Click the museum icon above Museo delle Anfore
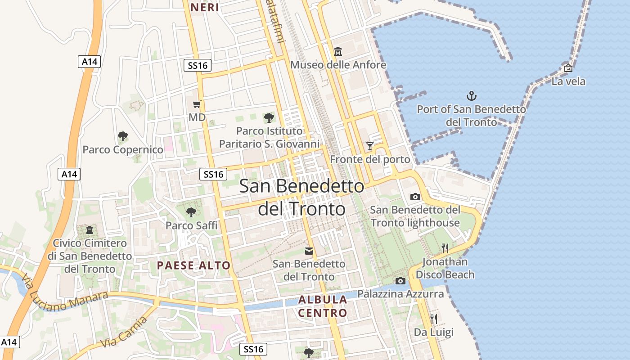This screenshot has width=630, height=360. pyautogui.click(x=338, y=52)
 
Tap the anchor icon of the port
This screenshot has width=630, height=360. pyautogui.click(x=471, y=95)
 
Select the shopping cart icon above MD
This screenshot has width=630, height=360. pyautogui.click(x=197, y=104)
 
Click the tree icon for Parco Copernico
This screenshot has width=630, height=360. pyautogui.click(x=122, y=136)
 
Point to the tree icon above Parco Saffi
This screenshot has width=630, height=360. pyautogui.click(x=191, y=211)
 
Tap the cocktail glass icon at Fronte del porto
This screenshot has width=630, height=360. pyautogui.click(x=370, y=146)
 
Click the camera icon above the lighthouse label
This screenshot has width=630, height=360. pyautogui.click(x=415, y=197)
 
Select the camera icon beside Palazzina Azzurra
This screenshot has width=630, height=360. pyautogui.click(x=400, y=281)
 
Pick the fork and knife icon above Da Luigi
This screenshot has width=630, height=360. pyautogui.click(x=433, y=319)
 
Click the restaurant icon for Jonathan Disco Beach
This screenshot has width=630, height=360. pyautogui.click(x=445, y=248)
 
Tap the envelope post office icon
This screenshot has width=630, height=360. pyautogui.click(x=309, y=251)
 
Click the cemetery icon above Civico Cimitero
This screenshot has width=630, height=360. pyautogui.click(x=90, y=230)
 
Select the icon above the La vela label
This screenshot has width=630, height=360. pyautogui.click(x=568, y=68)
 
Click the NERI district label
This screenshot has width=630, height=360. pyautogui.click(x=205, y=7)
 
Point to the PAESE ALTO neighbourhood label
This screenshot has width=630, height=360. pyautogui.click(x=193, y=265)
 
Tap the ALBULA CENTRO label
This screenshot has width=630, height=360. pyautogui.click(x=323, y=306)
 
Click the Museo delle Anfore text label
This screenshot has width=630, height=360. pyautogui.click(x=338, y=65)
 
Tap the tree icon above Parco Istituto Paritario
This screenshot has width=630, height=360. pyautogui.click(x=269, y=118)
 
